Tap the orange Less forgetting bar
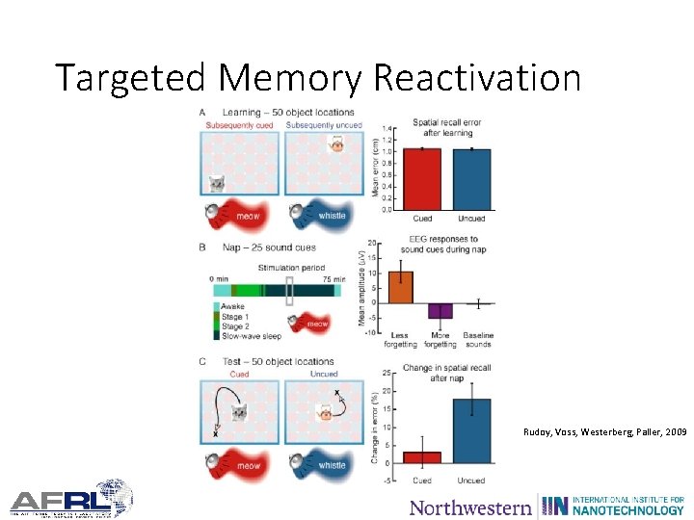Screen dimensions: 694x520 pyautogui.click(x=400, y=287)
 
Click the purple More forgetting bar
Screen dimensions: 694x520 pyautogui.click(x=440, y=310)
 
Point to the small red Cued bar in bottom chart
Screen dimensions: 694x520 pyautogui.click(x=422, y=457)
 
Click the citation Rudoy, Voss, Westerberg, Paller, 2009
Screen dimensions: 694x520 pyautogui.click(x=605, y=433)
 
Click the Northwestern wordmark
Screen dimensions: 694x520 pyautogui.click(x=470, y=507)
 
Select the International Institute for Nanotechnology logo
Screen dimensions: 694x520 pyautogui.click(x=613, y=505)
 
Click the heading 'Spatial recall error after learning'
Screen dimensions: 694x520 pyautogui.click(x=446, y=128)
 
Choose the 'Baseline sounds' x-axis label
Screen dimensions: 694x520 pyautogui.click(x=478, y=339)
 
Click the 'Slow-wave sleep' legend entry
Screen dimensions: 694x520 pyautogui.click(x=252, y=335)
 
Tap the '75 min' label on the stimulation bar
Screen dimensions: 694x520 pyautogui.click(x=334, y=279)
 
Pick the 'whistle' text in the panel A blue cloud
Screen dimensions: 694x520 pyautogui.click(x=332, y=216)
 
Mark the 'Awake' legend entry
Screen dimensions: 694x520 pyautogui.click(x=233, y=306)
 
